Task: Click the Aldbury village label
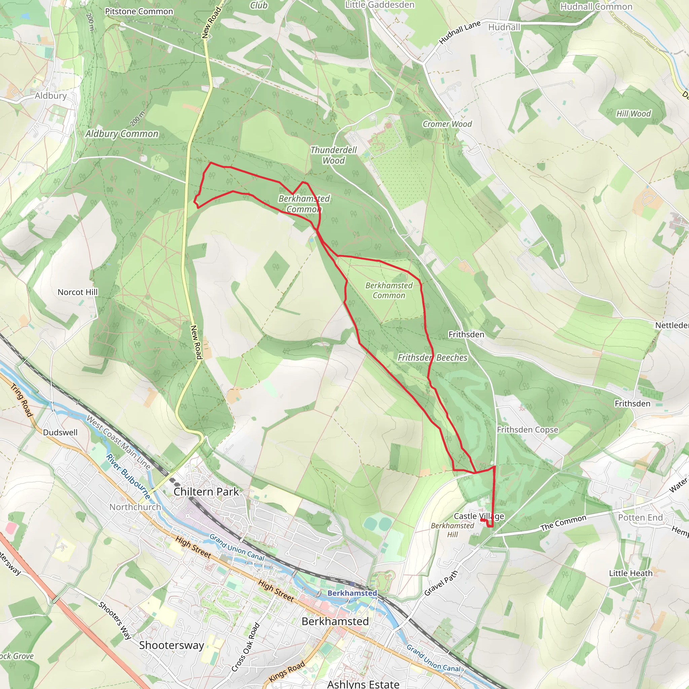[51, 96]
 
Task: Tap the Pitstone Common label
[139, 11]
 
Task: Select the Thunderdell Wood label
[333, 155]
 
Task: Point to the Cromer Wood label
[447, 124]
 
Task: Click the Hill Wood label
[634, 114]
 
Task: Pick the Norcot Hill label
[77, 292]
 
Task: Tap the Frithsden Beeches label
[433, 357]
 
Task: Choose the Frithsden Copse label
[528, 430]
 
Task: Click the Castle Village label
[479, 516]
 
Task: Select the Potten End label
[641, 517]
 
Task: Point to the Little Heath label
[631, 573]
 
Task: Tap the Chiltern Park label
[206, 492]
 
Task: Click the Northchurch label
[135, 507]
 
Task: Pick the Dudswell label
[60, 432]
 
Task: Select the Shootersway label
[172, 645]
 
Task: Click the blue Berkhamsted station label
[352, 593]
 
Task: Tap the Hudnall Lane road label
[460, 32]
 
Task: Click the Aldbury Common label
[122, 134]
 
